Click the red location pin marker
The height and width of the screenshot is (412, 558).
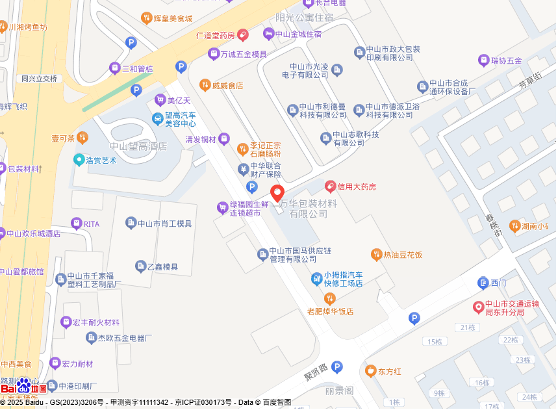point(277,193)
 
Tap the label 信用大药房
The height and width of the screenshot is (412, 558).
point(357,187)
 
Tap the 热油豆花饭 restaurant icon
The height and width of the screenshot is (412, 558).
point(376,254)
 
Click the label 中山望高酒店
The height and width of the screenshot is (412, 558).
point(138,146)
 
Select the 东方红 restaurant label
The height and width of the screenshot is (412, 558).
point(390,372)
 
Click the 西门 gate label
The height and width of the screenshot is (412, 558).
point(498,283)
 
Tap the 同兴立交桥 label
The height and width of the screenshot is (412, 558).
point(40,79)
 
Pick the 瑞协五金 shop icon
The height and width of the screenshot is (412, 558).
point(483,60)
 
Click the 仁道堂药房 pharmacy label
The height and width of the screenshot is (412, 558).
point(214,35)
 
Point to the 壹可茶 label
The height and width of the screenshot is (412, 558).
point(63,138)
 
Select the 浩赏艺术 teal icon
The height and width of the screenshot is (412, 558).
point(79,159)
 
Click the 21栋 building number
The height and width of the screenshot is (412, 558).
point(468,328)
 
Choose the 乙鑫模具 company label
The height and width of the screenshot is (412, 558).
point(162,266)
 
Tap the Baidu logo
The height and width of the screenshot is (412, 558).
point(23,387)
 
